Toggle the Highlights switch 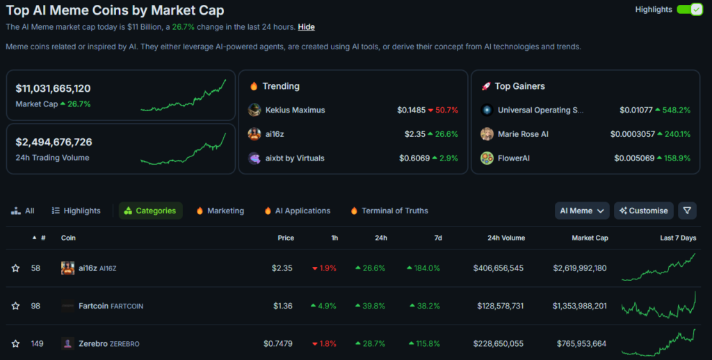pos(690,10)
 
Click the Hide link pos(306,27)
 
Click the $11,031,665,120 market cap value pos(53,88)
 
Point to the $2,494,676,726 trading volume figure pos(54,142)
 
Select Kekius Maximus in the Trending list pos(295,110)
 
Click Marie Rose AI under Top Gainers pos(523,134)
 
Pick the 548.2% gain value pos(675,110)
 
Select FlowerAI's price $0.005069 pos(634,158)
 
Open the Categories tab pos(151,211)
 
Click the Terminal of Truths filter pos(394,211)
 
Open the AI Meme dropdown pos(582,211)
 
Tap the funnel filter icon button pos(687,211)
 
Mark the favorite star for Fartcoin pos(15,306)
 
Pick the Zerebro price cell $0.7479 pos(278,343)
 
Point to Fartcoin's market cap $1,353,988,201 pos(580,306)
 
